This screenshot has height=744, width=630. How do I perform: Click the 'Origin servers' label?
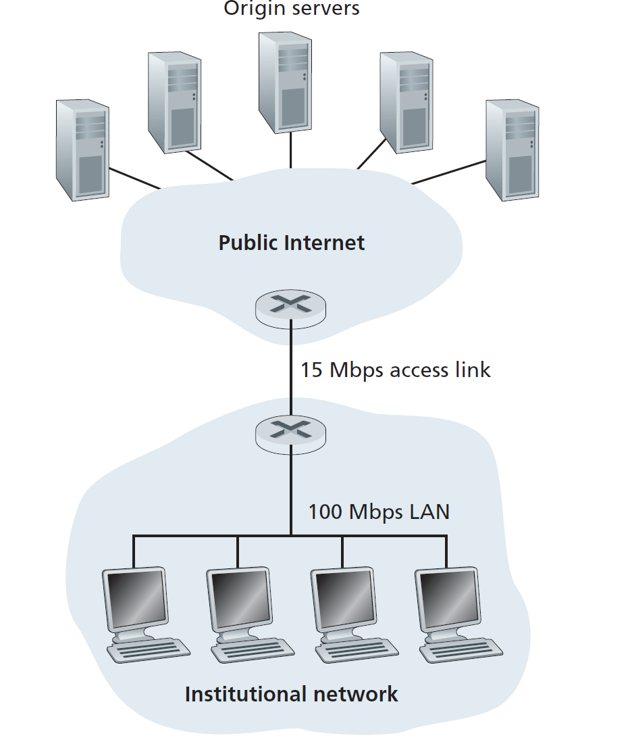291,9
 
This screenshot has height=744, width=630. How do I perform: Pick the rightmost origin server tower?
512,150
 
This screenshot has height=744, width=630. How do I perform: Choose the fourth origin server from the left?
405,101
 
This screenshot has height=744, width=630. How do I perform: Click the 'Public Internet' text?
291,243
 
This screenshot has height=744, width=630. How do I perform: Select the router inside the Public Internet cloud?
290,307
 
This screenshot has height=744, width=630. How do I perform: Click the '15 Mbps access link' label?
395,370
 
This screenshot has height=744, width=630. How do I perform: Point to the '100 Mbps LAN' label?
378,512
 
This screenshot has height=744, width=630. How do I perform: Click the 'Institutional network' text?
291,694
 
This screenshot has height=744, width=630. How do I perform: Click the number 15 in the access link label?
311,370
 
